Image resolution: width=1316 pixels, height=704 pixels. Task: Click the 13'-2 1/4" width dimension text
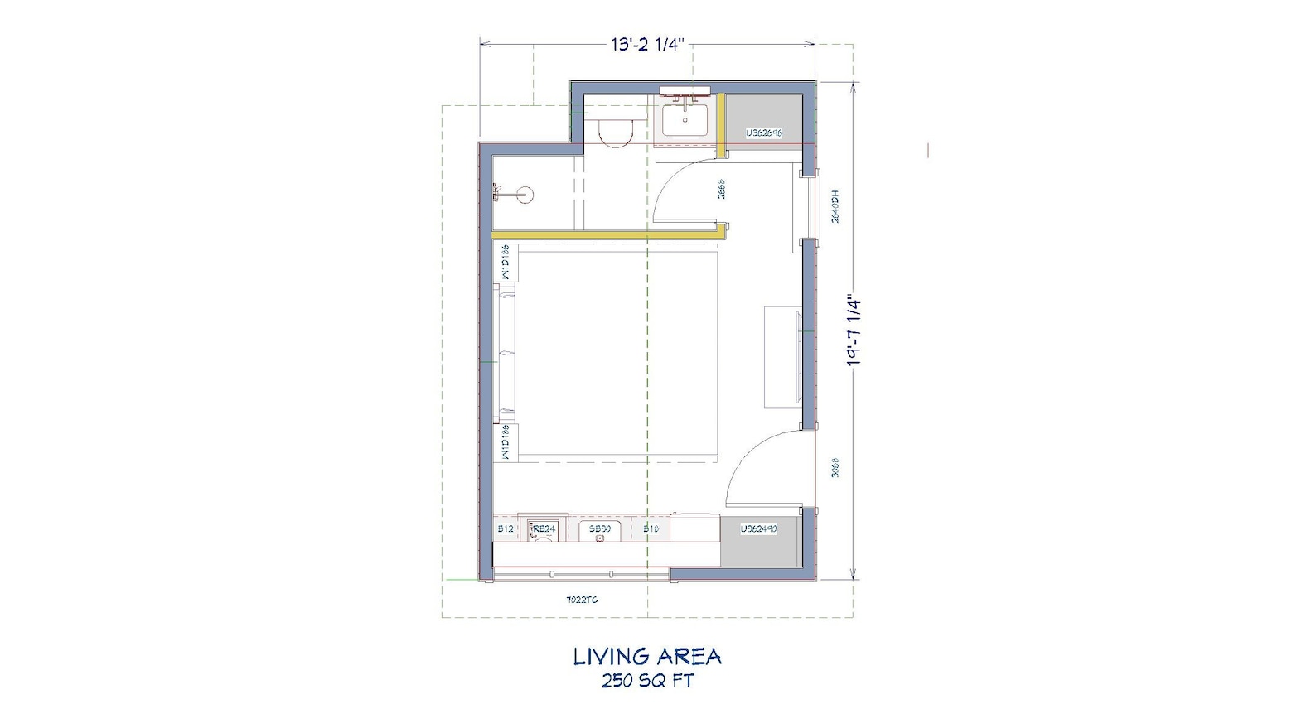(647, 45)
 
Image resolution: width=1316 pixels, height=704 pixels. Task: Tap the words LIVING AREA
(647, 657)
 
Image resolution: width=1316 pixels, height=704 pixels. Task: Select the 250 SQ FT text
(647, 681)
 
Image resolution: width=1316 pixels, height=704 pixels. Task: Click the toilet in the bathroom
(614, 132)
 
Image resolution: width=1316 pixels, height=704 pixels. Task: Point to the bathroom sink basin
(685, 118)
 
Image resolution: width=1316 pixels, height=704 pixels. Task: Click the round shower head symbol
(524, 195)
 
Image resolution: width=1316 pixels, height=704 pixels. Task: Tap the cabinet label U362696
(763, 133)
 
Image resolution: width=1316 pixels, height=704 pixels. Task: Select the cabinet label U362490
(758, 528)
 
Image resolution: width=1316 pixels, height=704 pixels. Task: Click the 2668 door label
(722, 190)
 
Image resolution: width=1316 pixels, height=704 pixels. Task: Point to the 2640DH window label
(835, 207)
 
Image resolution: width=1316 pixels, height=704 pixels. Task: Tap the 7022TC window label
(581, 599)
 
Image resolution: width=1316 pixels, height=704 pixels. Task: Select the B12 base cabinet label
(506, 528)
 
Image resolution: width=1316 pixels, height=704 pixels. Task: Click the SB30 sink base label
(600, 528)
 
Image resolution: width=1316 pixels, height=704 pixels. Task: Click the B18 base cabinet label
(651, 528)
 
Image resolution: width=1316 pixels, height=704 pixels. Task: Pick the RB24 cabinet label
(544, 528)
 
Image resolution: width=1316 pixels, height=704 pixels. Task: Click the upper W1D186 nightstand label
(506, 263)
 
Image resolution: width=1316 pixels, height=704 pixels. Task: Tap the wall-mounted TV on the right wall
(796, 356)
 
